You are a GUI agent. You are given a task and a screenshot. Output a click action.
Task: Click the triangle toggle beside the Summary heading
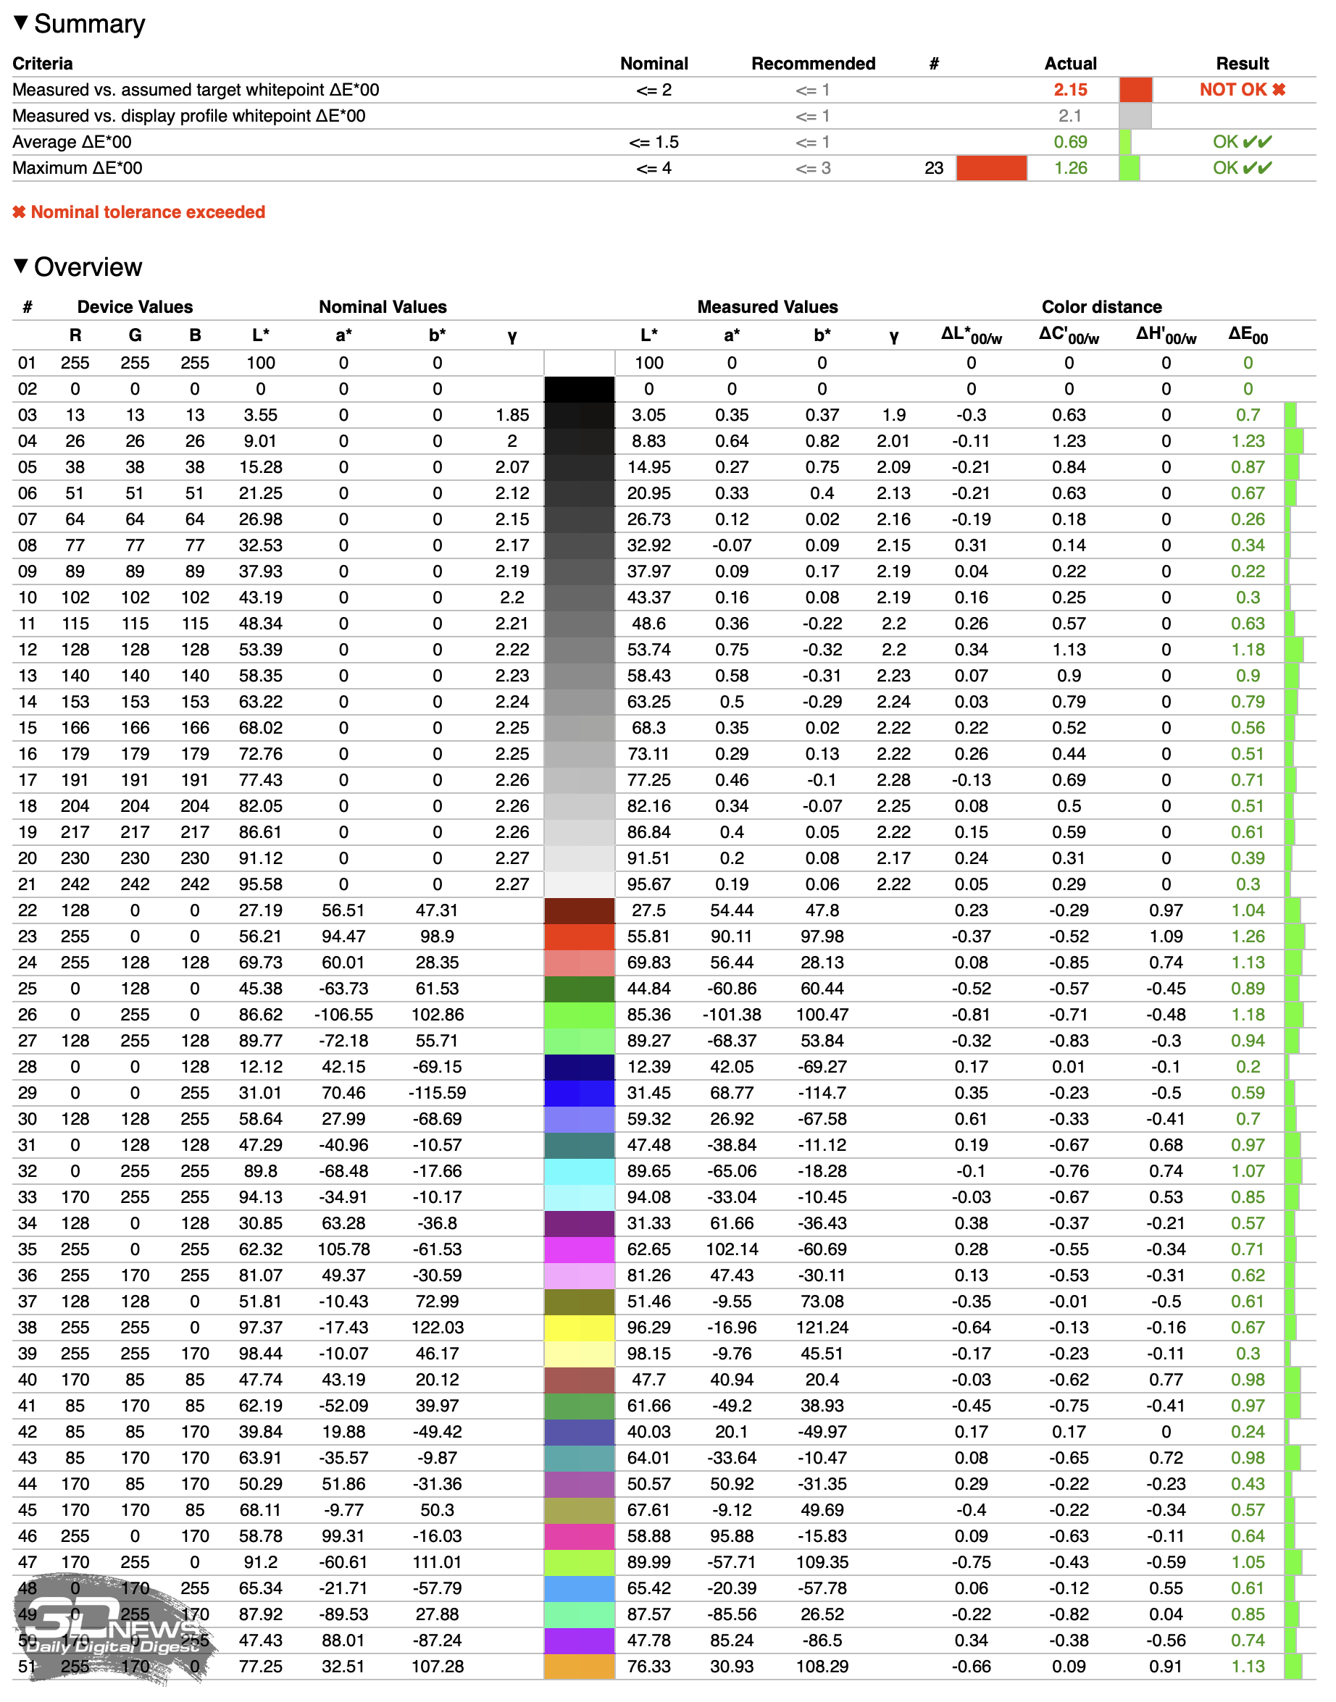coord(21,22)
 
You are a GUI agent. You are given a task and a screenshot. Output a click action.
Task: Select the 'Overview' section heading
coord(88,267)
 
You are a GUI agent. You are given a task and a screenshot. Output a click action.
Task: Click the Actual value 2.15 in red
coord(1070,90)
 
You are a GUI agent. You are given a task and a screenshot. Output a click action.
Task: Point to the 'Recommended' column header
coord(813,63)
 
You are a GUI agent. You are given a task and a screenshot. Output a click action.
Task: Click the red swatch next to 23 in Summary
coord(991,168)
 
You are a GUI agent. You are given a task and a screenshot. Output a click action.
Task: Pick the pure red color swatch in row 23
coord(579,936)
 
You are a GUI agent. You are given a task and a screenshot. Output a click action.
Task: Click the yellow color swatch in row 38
coord(579,1328)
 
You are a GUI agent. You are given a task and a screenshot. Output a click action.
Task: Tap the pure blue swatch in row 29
coord(579,1093)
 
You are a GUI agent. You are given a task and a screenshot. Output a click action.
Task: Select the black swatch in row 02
coord(579,390)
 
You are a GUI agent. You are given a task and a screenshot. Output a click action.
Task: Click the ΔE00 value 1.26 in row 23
coord(1248,936)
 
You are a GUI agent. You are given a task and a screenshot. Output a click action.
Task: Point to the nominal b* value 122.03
coord(438,1328)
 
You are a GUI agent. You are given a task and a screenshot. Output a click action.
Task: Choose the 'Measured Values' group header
coord(767,306)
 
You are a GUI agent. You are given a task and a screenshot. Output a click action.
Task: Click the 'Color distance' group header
coord(1101,306)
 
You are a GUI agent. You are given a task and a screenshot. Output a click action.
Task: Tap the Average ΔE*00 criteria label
coord(72,142)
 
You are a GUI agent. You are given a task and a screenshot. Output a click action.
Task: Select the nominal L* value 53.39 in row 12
coord(261,650)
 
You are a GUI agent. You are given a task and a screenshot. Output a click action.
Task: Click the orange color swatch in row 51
coord(579,1666)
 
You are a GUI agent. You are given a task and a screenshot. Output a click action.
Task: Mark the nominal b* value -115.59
coord(438,1093)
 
